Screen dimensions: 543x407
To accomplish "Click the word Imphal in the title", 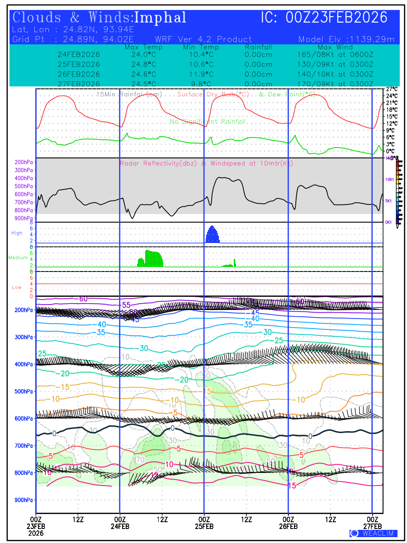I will pos(161,18).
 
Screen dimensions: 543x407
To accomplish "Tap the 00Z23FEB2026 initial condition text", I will pos(337,18).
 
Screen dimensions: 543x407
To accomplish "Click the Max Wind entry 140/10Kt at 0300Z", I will pos(332,74).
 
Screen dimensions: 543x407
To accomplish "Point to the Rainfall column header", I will pos(258,47).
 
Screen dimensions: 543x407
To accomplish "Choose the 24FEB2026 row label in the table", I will pos(79,55).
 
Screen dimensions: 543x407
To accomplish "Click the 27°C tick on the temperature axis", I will pos(392,89).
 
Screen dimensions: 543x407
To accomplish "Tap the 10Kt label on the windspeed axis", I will pos(389,180).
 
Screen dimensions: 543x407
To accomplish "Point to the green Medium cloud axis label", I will pos(18,258).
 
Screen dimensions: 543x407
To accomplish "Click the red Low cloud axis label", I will pos(17,287).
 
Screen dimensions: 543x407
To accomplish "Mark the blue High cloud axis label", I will pos(17,233).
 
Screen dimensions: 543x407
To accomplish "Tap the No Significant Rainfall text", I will pos(208,122).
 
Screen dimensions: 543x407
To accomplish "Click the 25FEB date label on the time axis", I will pos(204,526).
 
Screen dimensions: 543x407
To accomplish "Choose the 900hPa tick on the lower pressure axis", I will pos(22,500).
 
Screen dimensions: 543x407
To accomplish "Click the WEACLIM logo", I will pos(373,533).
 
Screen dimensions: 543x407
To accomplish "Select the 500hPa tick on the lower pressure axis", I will pos(22,391).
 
